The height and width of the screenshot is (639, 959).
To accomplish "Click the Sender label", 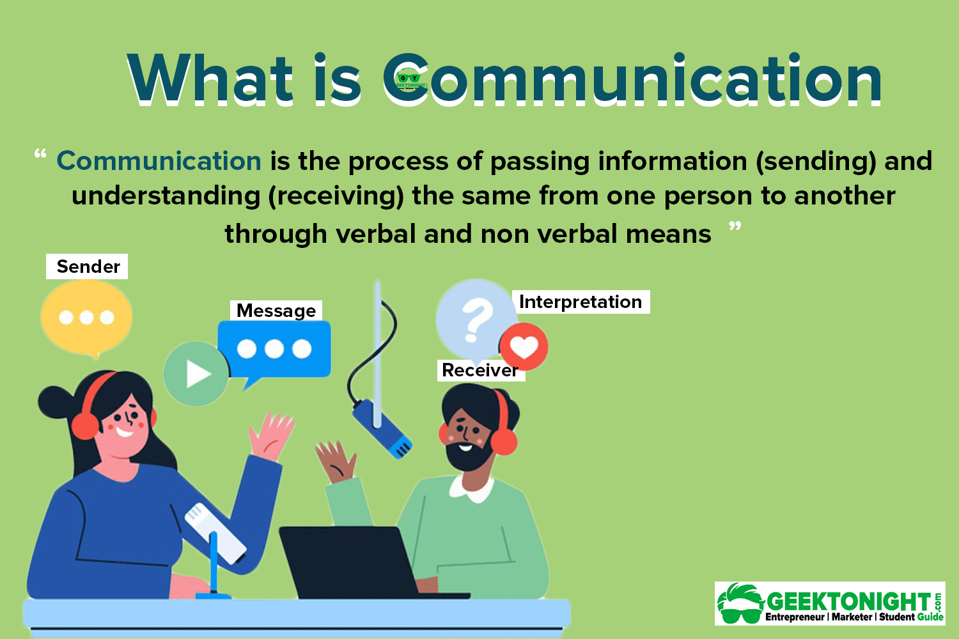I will pyautogui.click(x=87, y=266).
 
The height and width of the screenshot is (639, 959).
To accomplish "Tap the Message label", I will pyautogui.click(x=276, y=311).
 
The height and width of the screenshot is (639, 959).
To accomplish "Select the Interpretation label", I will pyautogui.click(x=581, y=302).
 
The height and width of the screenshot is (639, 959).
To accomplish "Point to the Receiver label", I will pyautogui.click(x=480, y=370).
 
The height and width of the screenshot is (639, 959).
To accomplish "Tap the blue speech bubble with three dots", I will pyautogui.click(x=274, y=349).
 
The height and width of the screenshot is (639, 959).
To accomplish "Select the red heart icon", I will pyautogui.click(x=524, y=346).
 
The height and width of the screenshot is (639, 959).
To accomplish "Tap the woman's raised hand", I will pyautogui.click(x=271, y=435).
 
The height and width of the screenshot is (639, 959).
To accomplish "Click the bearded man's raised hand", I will pyautogui.click(x=336, y=460).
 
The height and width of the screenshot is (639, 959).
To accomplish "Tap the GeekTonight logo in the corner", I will pyautogui.click(x=830, y=603).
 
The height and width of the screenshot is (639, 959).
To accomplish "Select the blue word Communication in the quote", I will pyautogui.click(x=159, y=161).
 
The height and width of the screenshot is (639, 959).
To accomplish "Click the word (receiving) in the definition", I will pyautogui.click(x=336, y=196).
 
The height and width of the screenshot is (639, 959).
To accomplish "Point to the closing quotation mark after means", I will pyautogui.click(x=735, y=227).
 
